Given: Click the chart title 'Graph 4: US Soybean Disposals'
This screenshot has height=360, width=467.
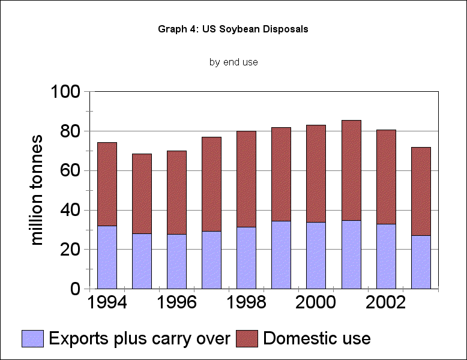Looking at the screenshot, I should [x=233, y=29].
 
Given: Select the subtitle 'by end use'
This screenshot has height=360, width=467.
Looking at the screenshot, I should [x=233, y=62].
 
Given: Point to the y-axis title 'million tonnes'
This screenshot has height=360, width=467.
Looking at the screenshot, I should [x=37, y=190].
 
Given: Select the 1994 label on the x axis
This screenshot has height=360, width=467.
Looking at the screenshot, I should [x=107, y=302].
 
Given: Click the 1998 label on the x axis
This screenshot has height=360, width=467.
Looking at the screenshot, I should [x=247, y=302].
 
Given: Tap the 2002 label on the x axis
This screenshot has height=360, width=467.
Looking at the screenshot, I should [x=385, y=302].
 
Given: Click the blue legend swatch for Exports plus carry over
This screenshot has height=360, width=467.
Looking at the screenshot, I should [x=34, y=338].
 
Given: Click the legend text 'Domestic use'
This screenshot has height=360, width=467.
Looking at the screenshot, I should [x=316, y=338].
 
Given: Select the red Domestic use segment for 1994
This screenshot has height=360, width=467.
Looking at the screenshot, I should [x=107, y=184].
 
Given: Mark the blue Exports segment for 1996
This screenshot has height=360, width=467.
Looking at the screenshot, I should [x=176, y=261].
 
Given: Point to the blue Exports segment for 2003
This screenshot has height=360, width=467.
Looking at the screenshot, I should [x=420, y=262].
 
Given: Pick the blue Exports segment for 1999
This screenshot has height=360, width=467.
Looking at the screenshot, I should [x=281, y=254].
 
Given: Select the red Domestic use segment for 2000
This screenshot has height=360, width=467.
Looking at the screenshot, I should [x=316, y=173].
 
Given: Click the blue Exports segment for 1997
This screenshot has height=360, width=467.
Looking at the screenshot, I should [x=211, y=259].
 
